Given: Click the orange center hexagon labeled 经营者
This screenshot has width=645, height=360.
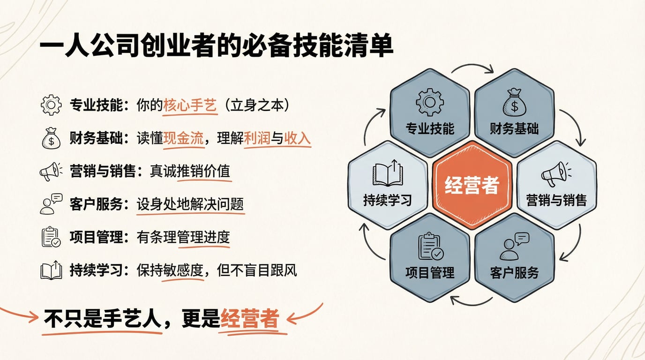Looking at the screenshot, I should tap(472, 185).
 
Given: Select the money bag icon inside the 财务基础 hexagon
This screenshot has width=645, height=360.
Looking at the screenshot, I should tap(514, 103).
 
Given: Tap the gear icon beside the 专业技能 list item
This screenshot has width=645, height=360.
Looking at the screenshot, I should tap(51, 105).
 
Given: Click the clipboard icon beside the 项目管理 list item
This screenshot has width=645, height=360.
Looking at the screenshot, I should tap(51, 237).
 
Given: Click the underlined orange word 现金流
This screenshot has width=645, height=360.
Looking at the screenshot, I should tap(184, 139).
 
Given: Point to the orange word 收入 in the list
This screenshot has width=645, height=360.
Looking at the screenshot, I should tap(298, 139).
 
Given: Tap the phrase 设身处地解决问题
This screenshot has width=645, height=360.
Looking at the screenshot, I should tap(190, 205).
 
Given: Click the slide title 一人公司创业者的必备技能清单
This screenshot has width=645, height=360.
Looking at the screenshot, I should tap(216, 48).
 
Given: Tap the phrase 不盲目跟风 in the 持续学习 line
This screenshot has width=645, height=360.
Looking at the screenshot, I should tap(257, 270).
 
